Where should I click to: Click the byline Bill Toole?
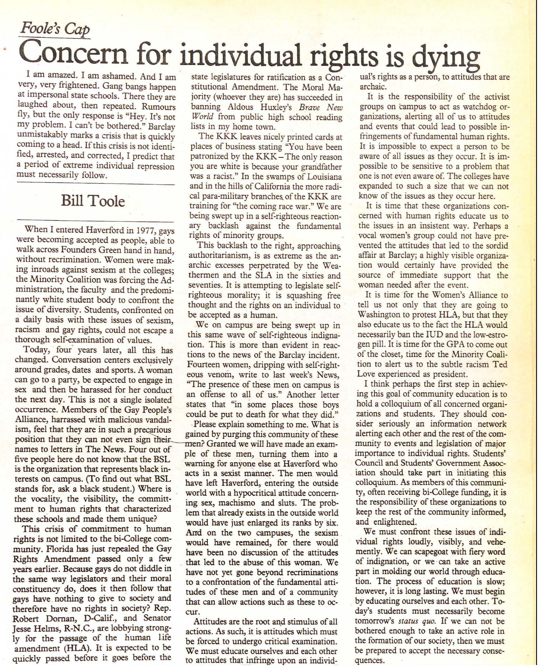[x=93, y=201]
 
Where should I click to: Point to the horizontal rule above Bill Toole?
[x=95, y=184]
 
